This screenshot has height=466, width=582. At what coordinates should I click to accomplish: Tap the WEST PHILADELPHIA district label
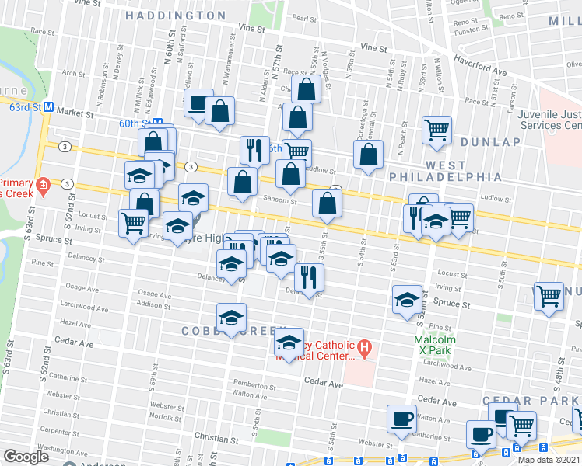click(446, 172)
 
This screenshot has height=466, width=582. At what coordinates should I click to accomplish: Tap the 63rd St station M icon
click(47, 106)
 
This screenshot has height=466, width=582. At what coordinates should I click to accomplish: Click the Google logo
click(26, 456)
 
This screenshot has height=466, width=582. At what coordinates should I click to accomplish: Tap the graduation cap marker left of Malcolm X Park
click(407, 300)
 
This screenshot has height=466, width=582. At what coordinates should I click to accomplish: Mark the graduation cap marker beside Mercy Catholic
click(289, 343)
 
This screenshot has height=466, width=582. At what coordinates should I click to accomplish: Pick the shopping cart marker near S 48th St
click(549, 296)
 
